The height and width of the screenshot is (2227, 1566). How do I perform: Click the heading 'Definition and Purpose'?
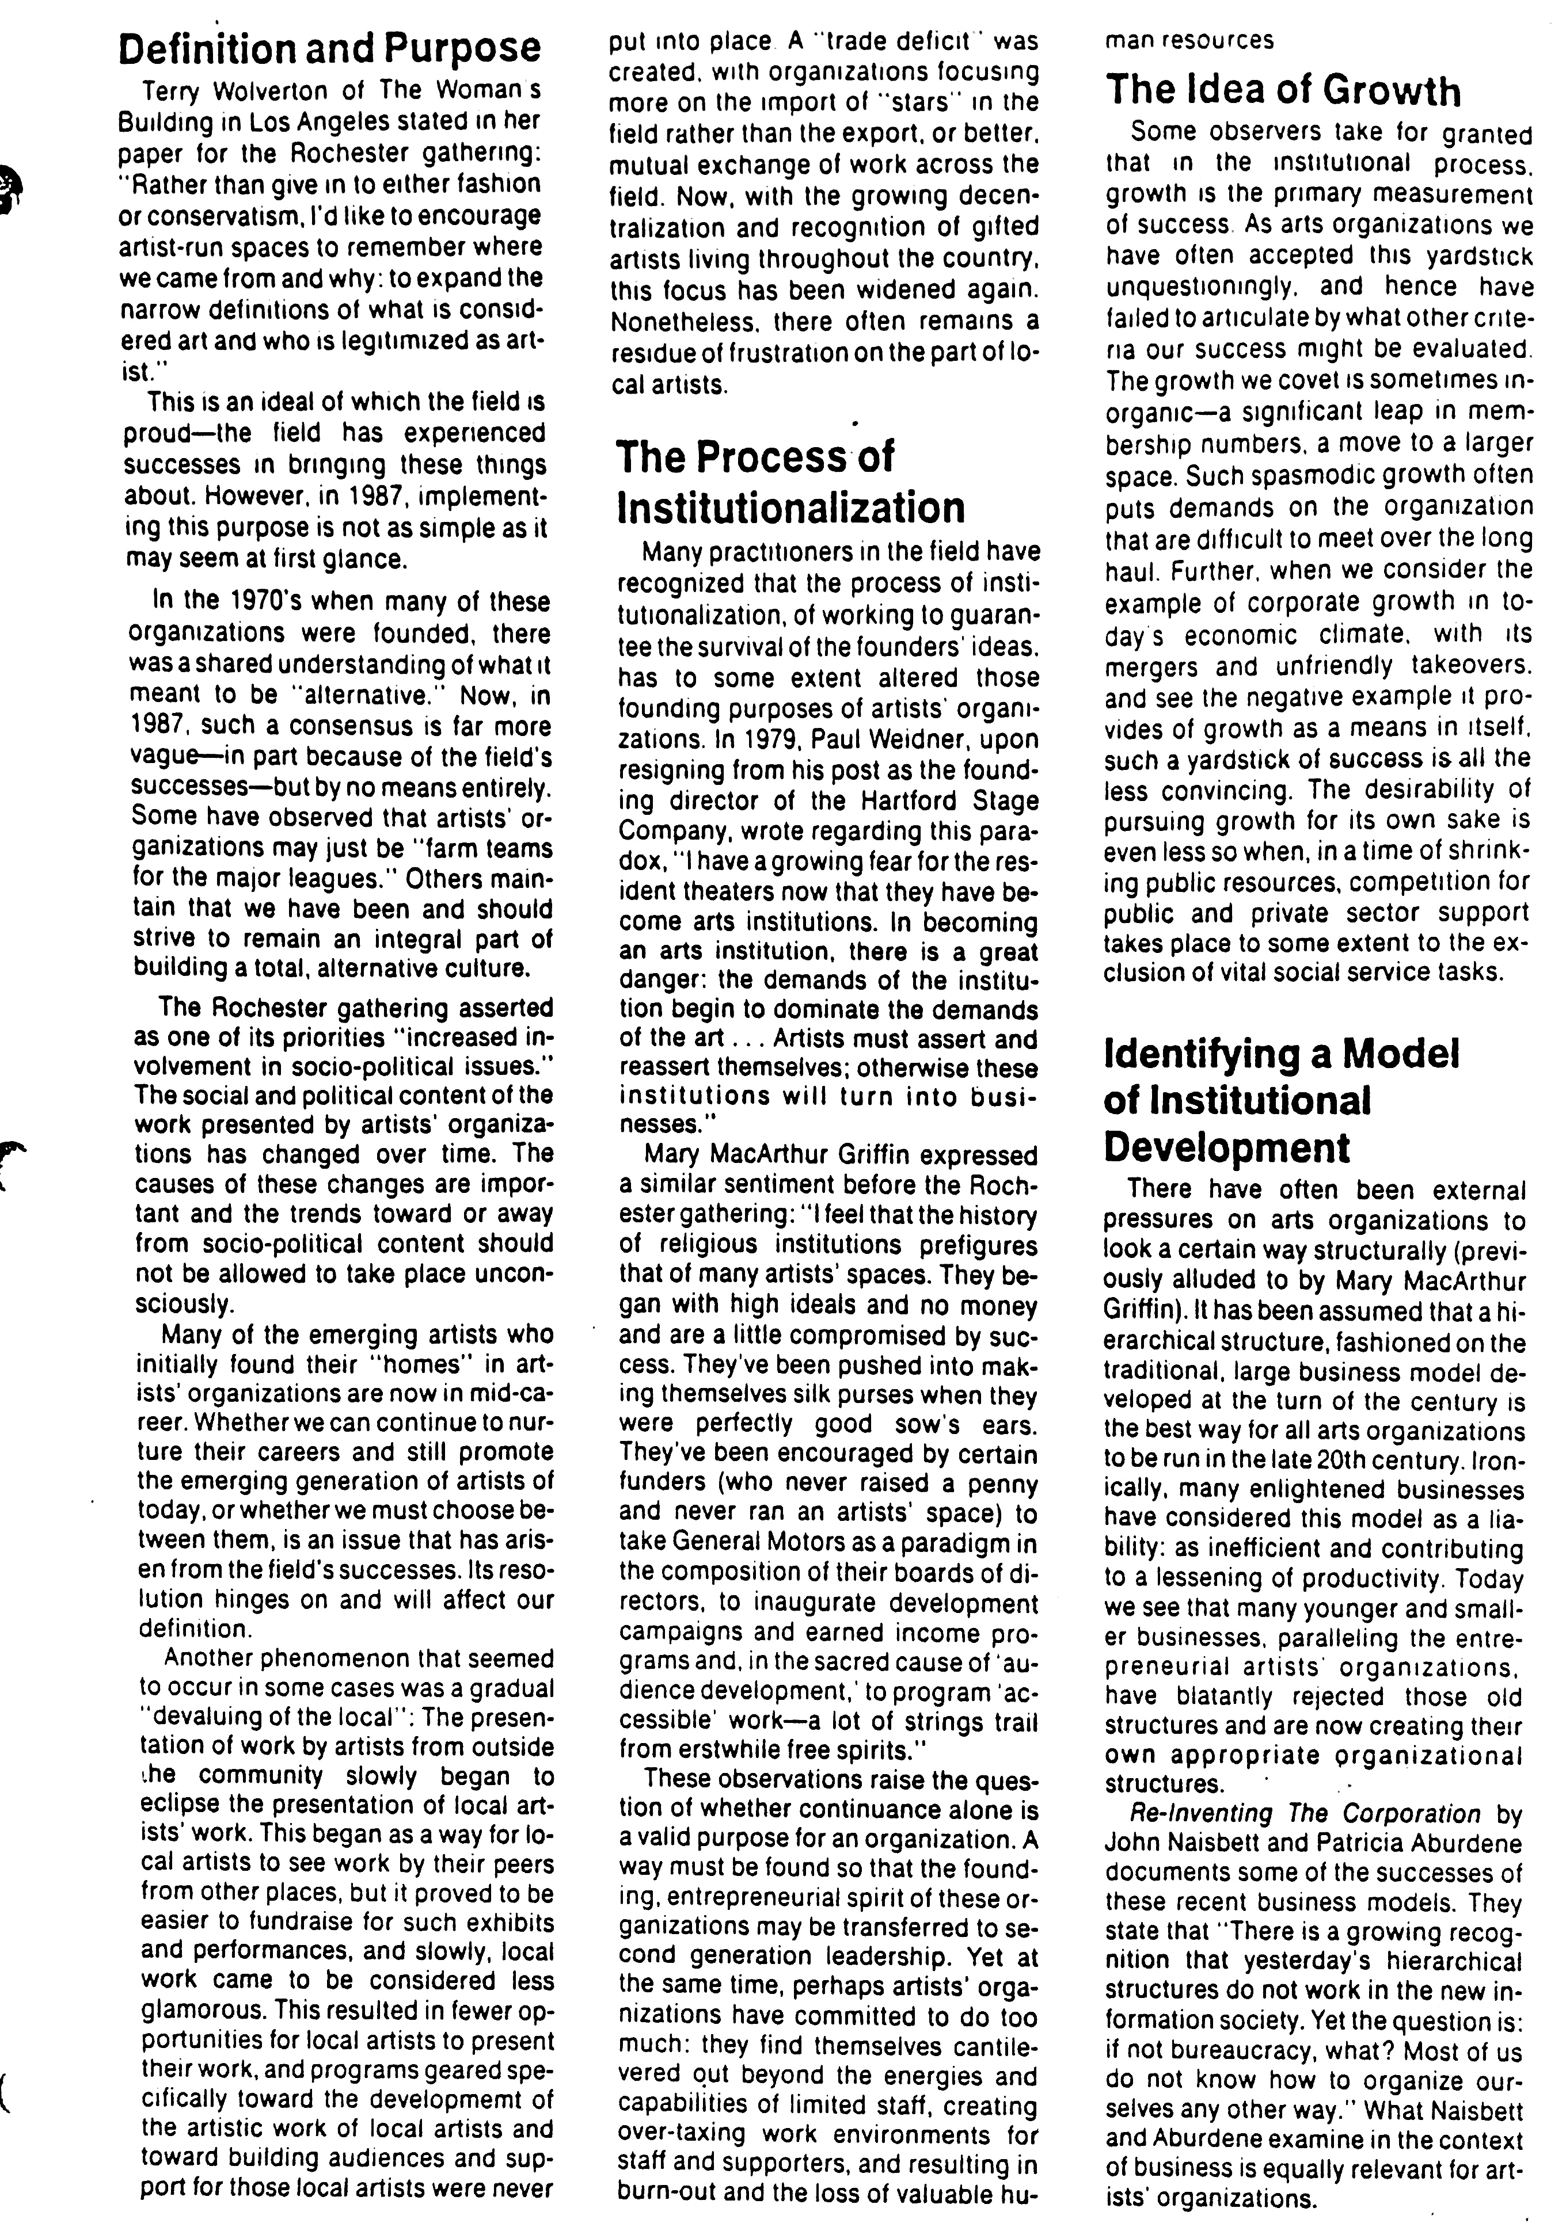[x=329, y=48]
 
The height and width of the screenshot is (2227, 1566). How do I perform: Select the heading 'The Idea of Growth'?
[x=1283, y=90]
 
